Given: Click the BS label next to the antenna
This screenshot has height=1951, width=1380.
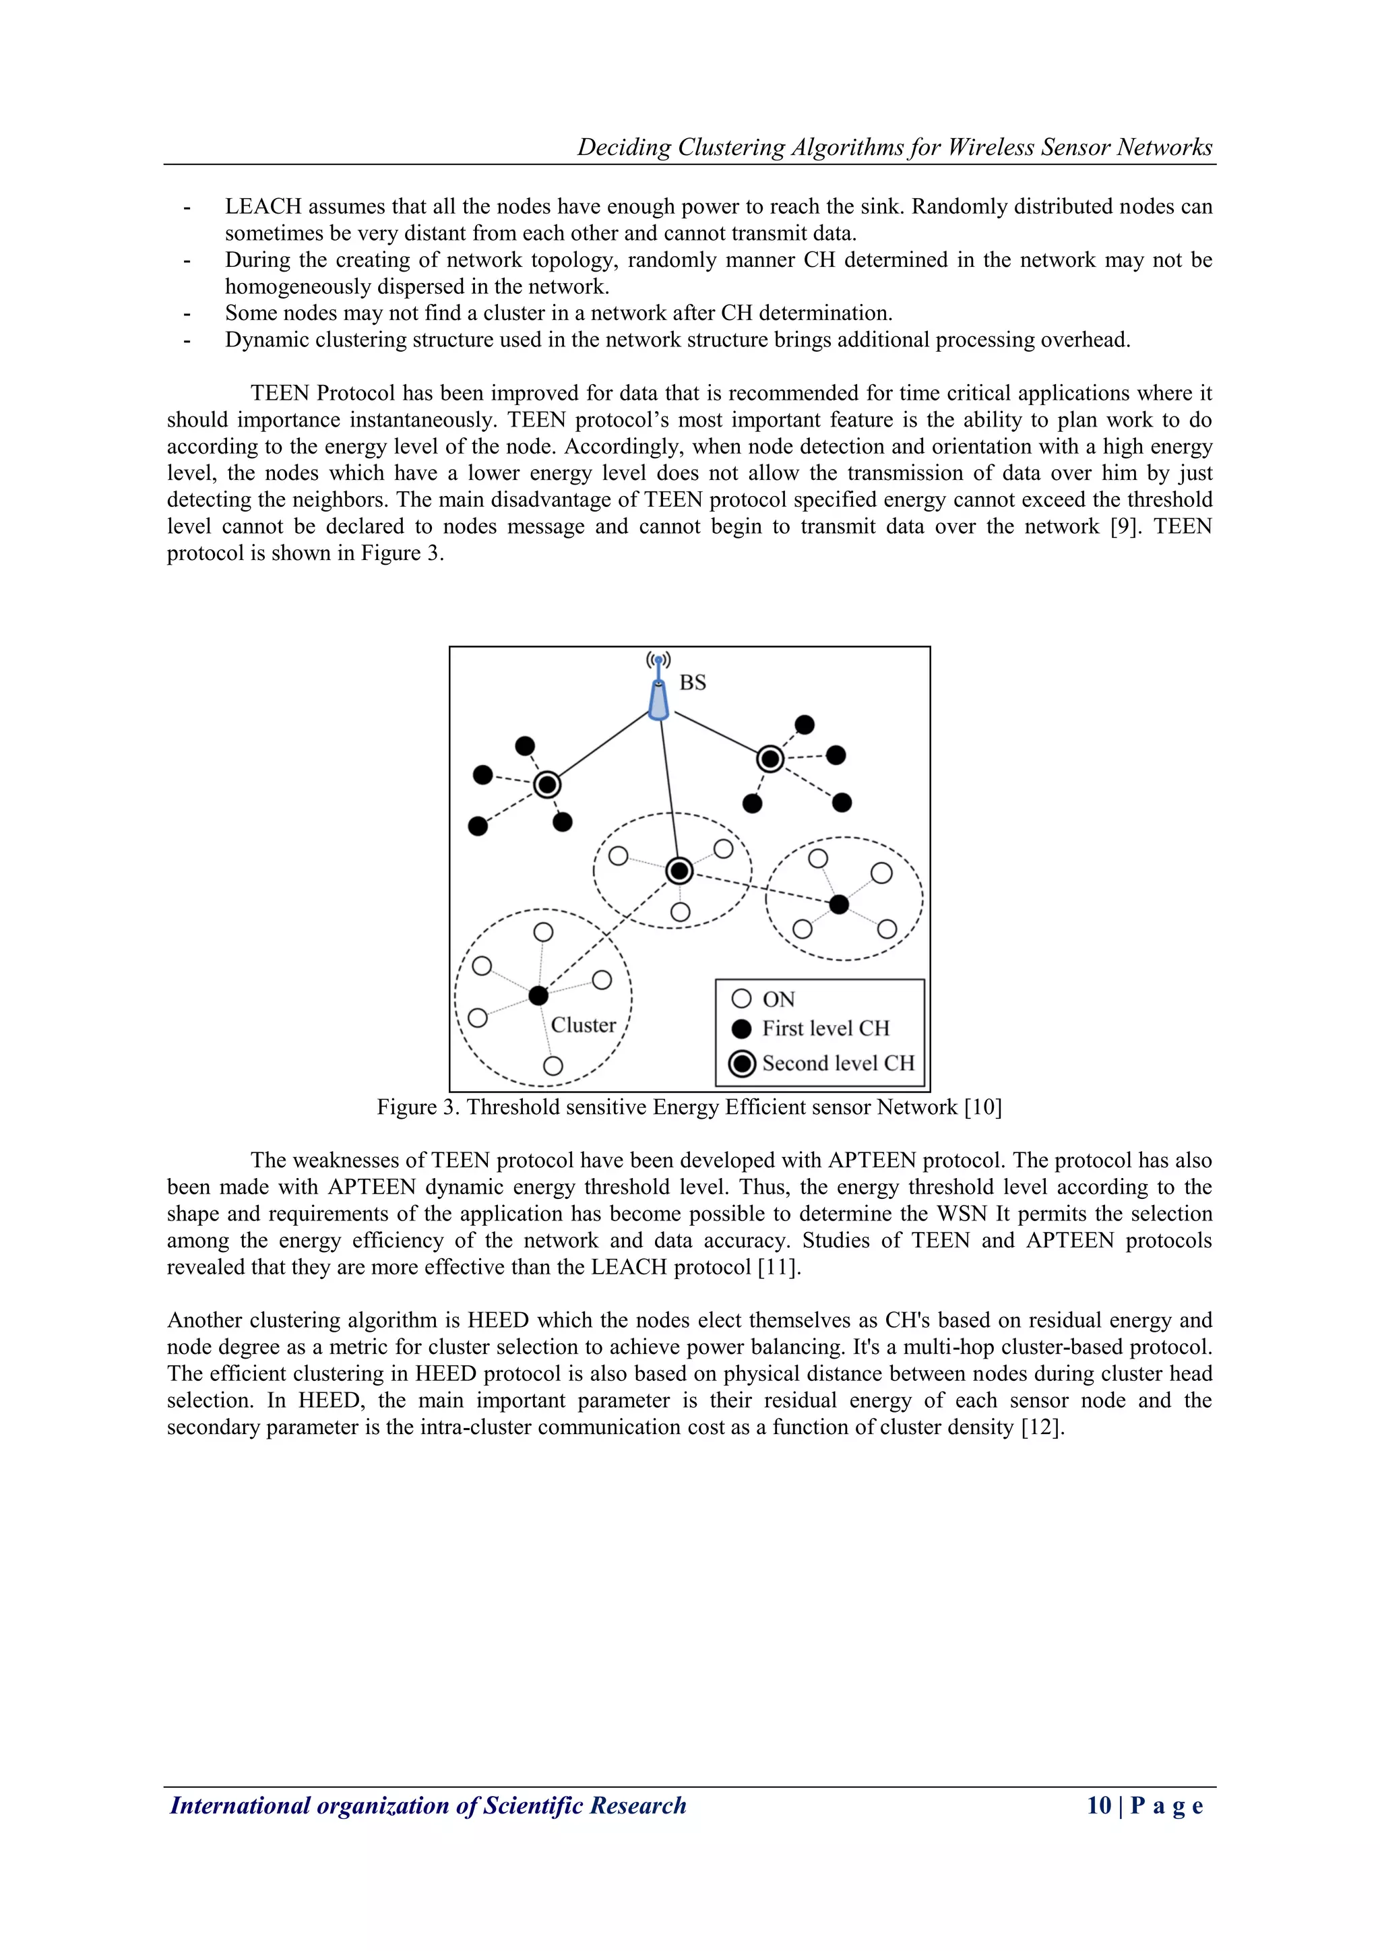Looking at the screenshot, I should [693, 683].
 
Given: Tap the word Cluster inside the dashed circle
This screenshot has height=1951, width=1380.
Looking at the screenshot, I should [583, 1025].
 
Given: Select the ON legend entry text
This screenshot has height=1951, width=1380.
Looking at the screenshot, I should [778, 999].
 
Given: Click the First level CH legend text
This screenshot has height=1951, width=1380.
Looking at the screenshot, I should [825, 1029].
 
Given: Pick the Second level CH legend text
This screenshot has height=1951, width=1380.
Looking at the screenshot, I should [838, 1064].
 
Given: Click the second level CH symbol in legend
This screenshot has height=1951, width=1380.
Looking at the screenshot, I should [743, 1064].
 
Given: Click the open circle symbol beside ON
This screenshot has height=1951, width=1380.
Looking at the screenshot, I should [742, 999].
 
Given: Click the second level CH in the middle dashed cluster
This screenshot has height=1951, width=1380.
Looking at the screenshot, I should [679, 871].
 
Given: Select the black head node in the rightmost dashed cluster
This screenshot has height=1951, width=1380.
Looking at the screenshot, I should [839, 904].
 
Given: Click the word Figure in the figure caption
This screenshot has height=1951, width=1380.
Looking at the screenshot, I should [407, 1107].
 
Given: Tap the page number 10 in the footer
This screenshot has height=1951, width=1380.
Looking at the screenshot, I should [1099, 1805].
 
